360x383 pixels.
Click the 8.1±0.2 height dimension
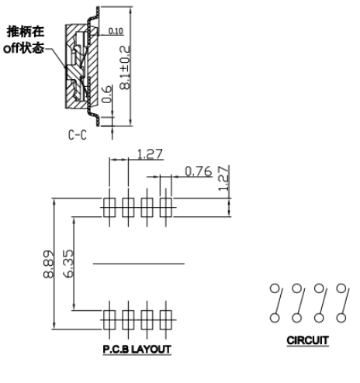pos(125,67)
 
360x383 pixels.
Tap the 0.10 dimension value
pos(116,31)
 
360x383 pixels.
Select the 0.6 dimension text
pos(106,95)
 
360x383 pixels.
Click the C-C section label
pos(78,135)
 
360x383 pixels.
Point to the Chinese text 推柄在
pos(26,32)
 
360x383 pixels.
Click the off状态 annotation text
pos(23,48)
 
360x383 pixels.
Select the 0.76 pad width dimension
pos(199,171)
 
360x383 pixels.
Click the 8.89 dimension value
pos(49,264)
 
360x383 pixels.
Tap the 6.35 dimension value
pos(68,264)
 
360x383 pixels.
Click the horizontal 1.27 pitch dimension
pos(150,154)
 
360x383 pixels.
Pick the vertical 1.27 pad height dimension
pos(224,178)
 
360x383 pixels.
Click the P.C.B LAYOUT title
pos(137,350)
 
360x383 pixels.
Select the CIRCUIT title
pos(308,340)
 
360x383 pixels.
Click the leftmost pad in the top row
pos(109,208)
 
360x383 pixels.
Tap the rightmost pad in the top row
pos(166,208)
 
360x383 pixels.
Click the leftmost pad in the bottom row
pos(109,320)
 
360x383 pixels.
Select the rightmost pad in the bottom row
pos(166,320)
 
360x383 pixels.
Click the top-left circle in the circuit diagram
pos(275,288)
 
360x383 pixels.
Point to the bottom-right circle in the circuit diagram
pos(341,318)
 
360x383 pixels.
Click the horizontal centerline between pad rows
pos(139,264)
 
